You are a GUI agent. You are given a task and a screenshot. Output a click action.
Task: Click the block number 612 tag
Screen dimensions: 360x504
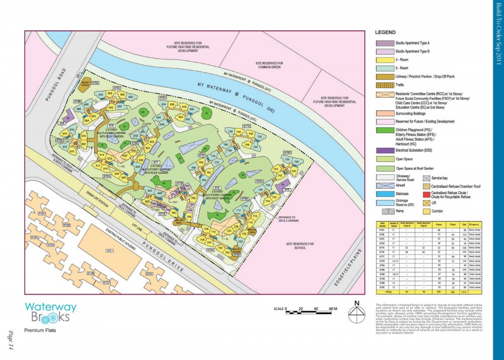[x=108, y=250]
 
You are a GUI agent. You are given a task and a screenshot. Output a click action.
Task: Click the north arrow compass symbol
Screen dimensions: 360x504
[x=357, y=314]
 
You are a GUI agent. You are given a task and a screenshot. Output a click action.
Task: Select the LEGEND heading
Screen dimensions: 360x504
[x=385, y=32]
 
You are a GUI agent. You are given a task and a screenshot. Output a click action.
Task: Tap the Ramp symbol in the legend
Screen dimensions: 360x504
[x=384, y=212]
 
